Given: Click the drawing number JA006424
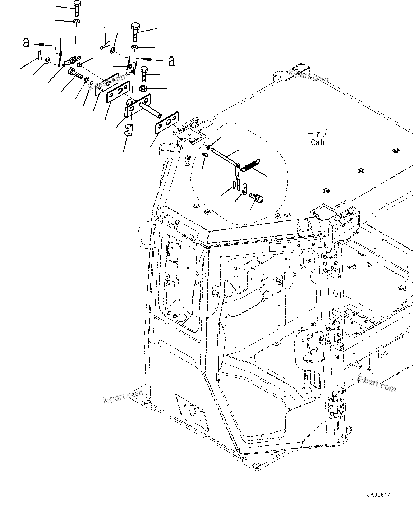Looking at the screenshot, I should [380, 495].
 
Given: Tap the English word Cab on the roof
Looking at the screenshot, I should [317, 142].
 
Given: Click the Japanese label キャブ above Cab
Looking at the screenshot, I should [317, 133].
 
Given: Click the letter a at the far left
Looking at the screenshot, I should [26, 43].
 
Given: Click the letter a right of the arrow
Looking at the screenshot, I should [171, 61].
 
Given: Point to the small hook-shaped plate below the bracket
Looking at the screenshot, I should [129, 129].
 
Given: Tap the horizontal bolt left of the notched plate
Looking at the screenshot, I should [74, 73].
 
